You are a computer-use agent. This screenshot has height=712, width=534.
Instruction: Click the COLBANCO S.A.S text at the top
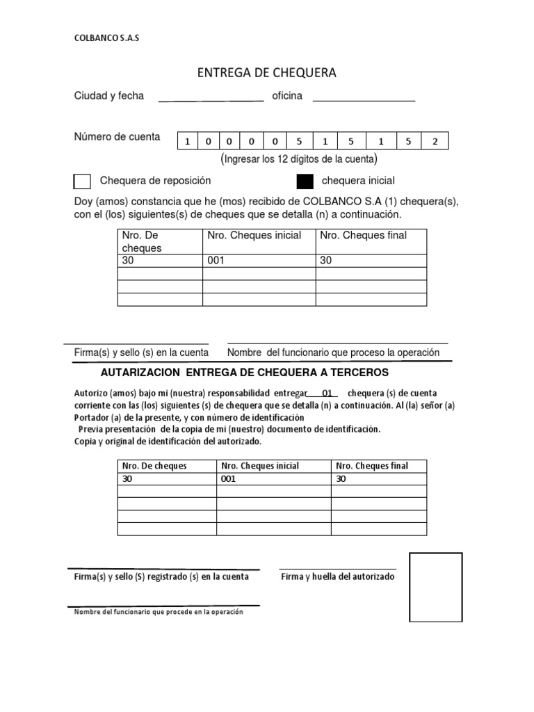coord(106,39)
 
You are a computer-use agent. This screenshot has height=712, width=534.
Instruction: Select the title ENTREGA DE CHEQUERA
coord(267,73)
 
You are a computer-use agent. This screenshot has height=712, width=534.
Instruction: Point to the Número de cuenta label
coord(117,137)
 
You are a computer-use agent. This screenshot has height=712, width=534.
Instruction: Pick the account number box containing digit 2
coord(435,142)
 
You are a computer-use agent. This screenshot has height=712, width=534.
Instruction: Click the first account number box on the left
coord(187,142)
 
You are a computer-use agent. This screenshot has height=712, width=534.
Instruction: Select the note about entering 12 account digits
coord(299,159)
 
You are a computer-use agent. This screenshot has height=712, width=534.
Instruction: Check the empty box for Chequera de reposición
coord(82,181)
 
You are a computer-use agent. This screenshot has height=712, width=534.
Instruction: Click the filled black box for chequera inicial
coord(305,181)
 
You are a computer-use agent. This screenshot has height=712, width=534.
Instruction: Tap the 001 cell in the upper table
coord(259,261)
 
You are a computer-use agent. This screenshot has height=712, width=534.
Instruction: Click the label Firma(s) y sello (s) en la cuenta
coord(141,353)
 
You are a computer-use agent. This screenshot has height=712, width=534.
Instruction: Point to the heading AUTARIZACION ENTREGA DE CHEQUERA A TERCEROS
coord(255,373)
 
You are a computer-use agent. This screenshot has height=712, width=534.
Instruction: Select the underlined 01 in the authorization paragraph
coord(327,393)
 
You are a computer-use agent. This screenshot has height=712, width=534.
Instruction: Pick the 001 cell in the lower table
coord(273,479)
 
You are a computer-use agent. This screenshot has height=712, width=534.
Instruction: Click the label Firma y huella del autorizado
coord(337,576)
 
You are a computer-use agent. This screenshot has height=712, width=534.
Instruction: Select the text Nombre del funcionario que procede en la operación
coord(159,611)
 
